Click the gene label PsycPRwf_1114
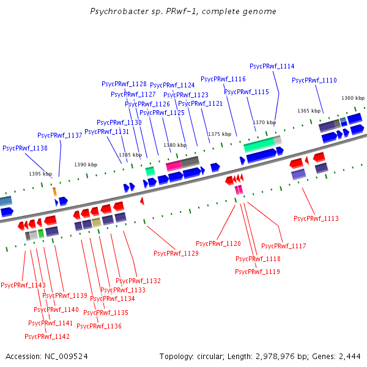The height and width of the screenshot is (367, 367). point(272,66)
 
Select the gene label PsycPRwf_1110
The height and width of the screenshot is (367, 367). point(314,80)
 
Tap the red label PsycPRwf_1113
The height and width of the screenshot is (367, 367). point(316,218)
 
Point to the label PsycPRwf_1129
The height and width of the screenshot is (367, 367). point(176,253)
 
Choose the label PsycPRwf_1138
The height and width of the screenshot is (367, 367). point(25,148)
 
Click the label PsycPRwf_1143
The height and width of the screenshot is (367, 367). point(23,285)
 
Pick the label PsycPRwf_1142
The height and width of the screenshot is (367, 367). point(47,336)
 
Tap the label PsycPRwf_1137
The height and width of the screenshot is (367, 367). point(60,135)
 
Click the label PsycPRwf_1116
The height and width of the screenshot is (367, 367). point(223,79)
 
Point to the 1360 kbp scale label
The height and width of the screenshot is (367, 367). point(353,98)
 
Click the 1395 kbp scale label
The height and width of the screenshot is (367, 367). point(40,174)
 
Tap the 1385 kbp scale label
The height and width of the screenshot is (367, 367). point(130,155)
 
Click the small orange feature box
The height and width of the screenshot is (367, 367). point(54,191)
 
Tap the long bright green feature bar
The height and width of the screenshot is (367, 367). point(259,146)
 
